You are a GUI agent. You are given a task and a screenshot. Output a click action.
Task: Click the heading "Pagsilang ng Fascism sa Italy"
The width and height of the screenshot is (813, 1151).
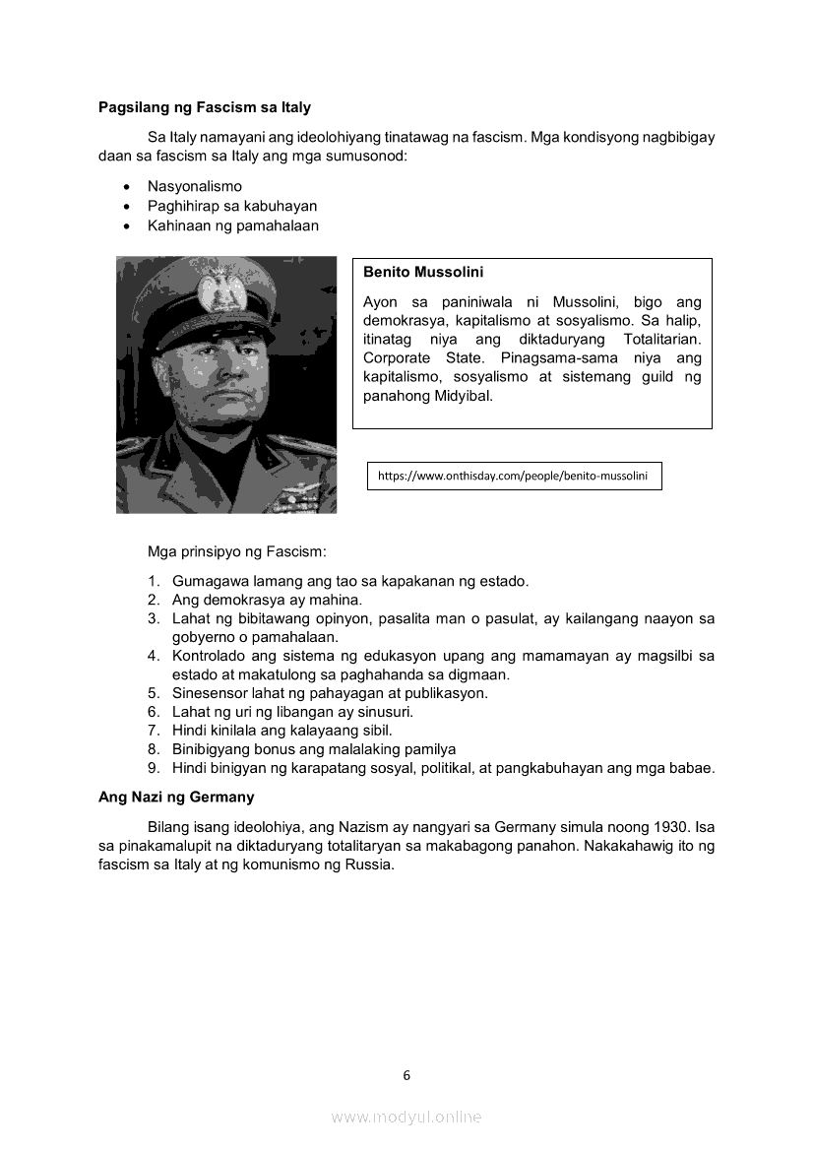click(204, 107)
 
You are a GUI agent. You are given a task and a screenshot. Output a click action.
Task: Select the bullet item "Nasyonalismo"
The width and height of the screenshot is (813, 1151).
click(194, 186)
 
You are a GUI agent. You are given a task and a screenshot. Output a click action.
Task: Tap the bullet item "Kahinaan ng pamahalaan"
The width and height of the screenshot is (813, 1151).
click(232, 225)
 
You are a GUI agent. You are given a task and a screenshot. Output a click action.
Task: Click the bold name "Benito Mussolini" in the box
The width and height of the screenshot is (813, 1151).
click(423, 272)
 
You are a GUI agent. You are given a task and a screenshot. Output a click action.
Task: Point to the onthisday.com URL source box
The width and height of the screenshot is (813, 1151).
click(513, 476)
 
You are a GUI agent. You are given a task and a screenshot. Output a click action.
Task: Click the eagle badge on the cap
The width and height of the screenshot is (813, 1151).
click(213, 289)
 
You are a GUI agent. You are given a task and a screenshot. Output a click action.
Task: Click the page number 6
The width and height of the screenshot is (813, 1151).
click(406, 1075)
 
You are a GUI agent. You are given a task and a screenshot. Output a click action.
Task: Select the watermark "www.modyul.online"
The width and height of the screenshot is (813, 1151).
click(406, 1117)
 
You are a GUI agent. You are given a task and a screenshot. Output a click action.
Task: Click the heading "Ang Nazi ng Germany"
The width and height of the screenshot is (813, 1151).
click(176, 797)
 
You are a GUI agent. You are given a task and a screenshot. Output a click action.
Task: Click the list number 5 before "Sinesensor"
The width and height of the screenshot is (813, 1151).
click(154, 693)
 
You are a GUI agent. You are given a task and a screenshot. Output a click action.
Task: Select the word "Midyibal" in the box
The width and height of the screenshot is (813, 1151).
click(462, 396)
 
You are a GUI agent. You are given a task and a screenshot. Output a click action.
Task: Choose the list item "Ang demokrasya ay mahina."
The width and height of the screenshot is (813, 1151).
click(267, 600)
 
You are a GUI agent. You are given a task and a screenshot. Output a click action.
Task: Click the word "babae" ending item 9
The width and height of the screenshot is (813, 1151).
click(692, 768)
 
